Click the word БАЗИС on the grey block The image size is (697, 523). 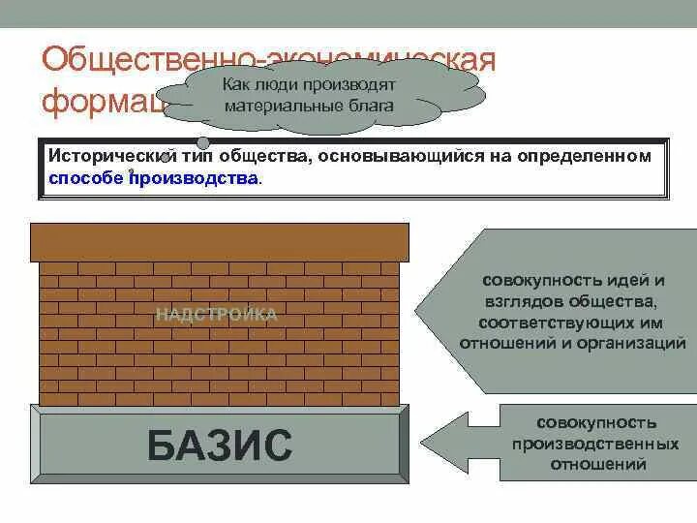[x=220, y=446]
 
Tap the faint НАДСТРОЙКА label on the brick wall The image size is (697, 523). [x=217, y=314]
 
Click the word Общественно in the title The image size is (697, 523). [x=145, y=60]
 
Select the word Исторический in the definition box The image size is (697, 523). [x=105, y=157]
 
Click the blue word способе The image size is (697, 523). [x=85, y=178]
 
